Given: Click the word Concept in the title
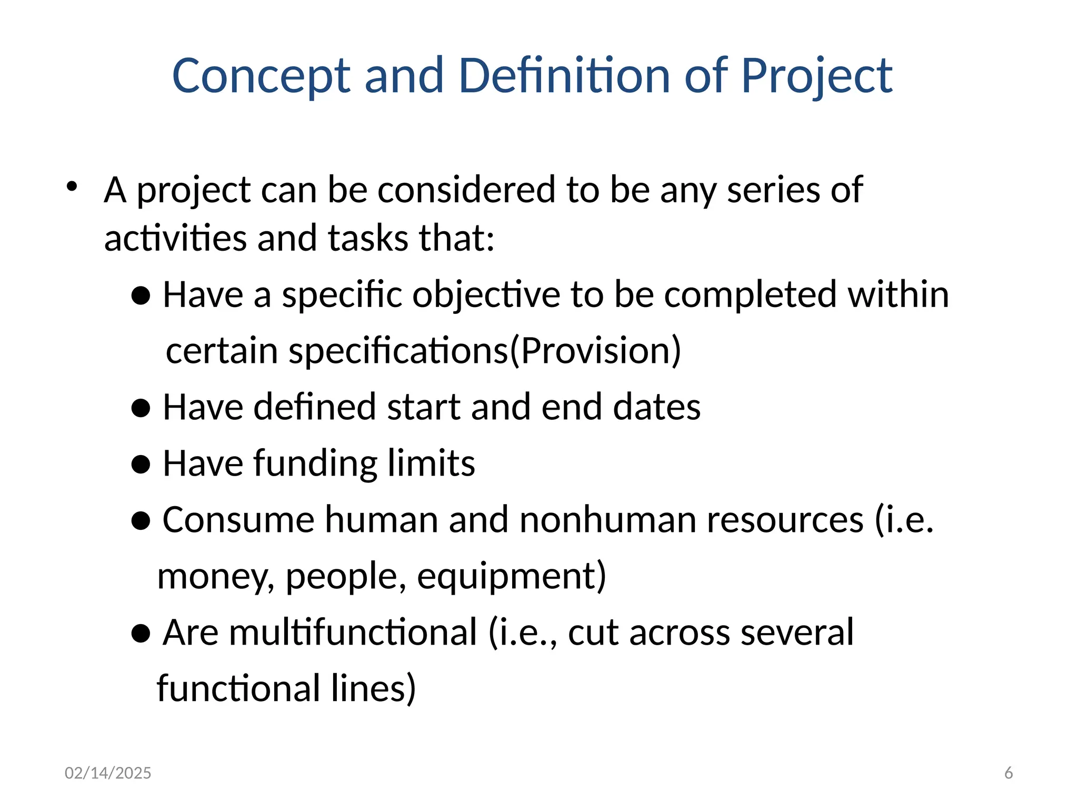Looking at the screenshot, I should point(261,76).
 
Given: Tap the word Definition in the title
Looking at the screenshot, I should point(564,76).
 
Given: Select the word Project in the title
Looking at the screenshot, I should point(816,76).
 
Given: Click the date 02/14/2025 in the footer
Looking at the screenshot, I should point(108,773).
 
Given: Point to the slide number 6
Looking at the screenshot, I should point(1009,773).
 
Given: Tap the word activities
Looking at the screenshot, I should point(175,238).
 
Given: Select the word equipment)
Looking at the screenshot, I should point(512,576).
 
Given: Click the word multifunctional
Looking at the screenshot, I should point(320,632).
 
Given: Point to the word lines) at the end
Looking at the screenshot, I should point(373,688).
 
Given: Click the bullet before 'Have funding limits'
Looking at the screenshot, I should point(141,465).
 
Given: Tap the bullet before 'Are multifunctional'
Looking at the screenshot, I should point(141,634).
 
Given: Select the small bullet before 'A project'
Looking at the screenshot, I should point(72,186).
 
